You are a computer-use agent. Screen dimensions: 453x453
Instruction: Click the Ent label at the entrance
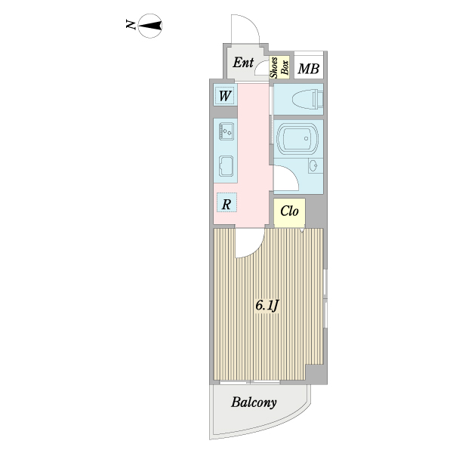[x=243, y=63]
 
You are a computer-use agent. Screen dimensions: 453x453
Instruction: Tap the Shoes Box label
[x=279, y=67]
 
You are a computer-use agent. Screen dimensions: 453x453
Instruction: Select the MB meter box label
[x=309, y=69]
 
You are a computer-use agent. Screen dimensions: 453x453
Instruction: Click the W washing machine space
[x=225, y=96]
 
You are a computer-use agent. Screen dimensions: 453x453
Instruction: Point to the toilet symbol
[x=307, y=100]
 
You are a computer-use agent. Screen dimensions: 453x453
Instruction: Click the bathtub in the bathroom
[x=297, y=138]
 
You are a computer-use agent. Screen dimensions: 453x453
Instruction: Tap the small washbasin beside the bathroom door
[x=314, y=166]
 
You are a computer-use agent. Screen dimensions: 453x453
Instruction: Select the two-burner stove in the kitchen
[x=226, y=131]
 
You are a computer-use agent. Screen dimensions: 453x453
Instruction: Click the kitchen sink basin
[x=226, y=166]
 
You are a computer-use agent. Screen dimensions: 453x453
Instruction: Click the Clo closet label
[x=289, y=211]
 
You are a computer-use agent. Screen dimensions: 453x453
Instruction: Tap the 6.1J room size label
[x=267, y=305]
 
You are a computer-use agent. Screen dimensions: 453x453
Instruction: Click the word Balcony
[x=254, y=402]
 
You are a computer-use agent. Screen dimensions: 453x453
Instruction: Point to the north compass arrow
[x=150, y=26]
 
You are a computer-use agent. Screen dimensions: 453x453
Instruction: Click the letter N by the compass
[x=131, y=25]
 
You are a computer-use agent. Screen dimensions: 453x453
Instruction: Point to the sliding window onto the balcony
[x=250, y=383]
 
